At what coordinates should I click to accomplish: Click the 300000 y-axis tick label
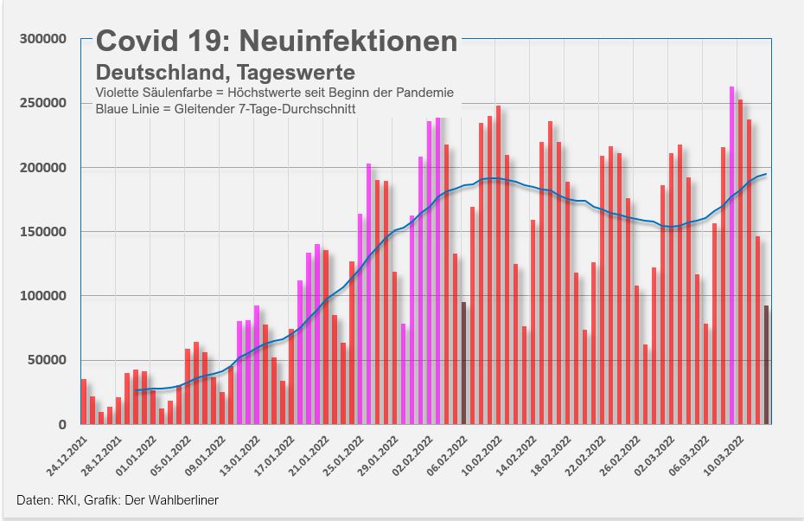(44, 39)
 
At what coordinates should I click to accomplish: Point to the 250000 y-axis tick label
(44, 103)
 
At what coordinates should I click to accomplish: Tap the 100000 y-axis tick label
(44, 296)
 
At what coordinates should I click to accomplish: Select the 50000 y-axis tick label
(48, 360)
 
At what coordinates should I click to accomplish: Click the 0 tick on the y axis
(63, 424)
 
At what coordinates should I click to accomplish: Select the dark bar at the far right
(767, 364)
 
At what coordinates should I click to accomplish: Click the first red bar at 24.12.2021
(84, 402)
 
